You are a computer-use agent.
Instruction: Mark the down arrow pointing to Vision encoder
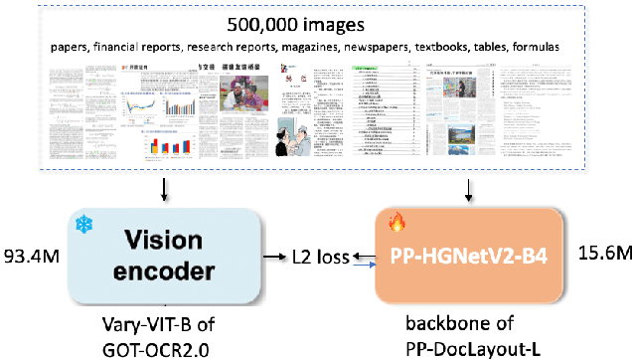(x=163, y=189)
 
